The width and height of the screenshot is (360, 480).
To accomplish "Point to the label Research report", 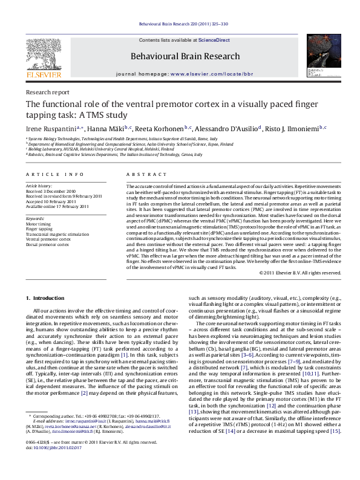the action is (x=47, y=92).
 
